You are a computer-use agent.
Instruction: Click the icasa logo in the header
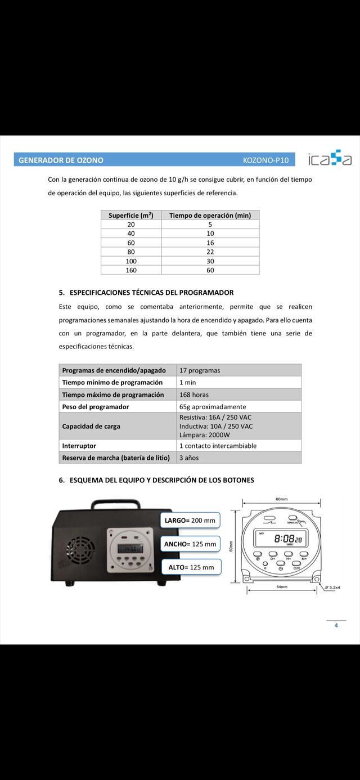point(330,159)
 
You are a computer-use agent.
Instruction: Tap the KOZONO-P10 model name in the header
point(265,160)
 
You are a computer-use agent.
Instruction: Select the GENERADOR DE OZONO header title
point(61,160)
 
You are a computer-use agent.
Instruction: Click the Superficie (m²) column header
point(131,215)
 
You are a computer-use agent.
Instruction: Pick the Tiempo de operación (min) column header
point(210,215)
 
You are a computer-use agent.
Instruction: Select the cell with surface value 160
point(131,270)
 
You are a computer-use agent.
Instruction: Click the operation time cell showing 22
point(210,252)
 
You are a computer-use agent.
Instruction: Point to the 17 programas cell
point(200,370)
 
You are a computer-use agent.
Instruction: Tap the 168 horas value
point(193,395)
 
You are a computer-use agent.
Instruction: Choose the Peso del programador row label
point(96,407)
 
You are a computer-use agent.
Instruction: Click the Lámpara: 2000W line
point(205,435)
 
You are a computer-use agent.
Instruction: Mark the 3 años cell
point(189,458)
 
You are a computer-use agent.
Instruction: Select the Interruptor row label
point(79,446)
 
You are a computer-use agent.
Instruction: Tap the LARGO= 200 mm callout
point(190,521)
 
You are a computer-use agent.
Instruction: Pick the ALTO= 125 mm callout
point(191,567)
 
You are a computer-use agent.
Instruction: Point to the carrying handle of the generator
point(115,503)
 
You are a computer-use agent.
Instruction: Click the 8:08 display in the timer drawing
point(287,539)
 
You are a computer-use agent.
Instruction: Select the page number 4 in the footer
point(336,625)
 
